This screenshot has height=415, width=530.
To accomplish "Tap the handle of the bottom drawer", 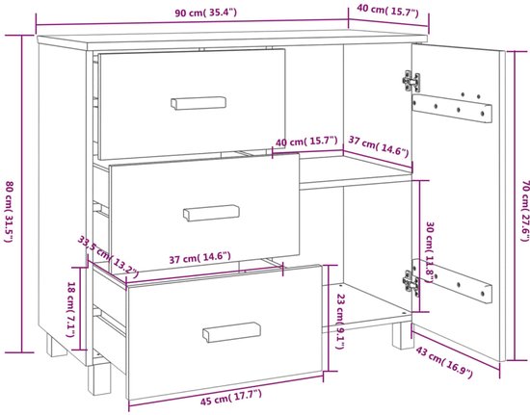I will coord(231,332).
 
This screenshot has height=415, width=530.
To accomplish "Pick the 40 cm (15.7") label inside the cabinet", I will coord(306,142).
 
